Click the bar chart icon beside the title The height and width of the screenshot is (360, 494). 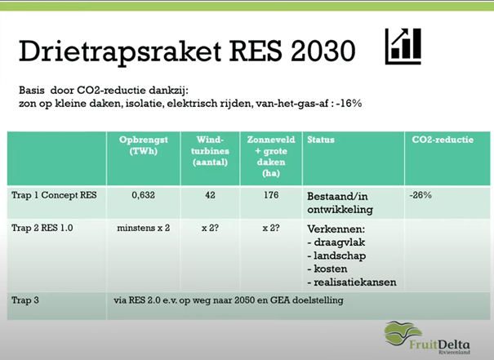click(x=403, y=47)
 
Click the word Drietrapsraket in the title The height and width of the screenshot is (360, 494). click(x=120, y=51)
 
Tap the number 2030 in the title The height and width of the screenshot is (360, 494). click(x=323, y=51)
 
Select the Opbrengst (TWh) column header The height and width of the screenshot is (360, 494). click(x=144, y=145)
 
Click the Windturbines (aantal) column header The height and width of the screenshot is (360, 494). click(x=210, y=151)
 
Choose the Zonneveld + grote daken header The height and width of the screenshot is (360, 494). click(x=271, y=156)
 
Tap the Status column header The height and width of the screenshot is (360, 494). click(x=321, y=140)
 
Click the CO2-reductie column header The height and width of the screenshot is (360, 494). click(x=443, y=140)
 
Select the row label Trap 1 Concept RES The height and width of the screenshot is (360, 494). click(x=54, y=195)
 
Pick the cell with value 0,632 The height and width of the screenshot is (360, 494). click(x=144, y=195)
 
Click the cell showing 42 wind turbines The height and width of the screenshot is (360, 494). click(x=210, y=195)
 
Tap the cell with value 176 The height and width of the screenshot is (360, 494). click(x=271, y=195)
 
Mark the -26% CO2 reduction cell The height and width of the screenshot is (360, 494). click(x=421, y=195)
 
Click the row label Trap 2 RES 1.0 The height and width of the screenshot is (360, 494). click(x=42, y=228)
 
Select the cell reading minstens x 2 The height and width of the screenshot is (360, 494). click(x=144, y=228)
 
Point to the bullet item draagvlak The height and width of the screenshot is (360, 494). click(x=336, y=242)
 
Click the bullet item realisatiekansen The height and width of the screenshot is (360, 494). click(x=352, y=282)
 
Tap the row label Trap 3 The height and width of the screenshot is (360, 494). click(x=25, y=300)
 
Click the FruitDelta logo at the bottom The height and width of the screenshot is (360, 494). click(x=427, y=338)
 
